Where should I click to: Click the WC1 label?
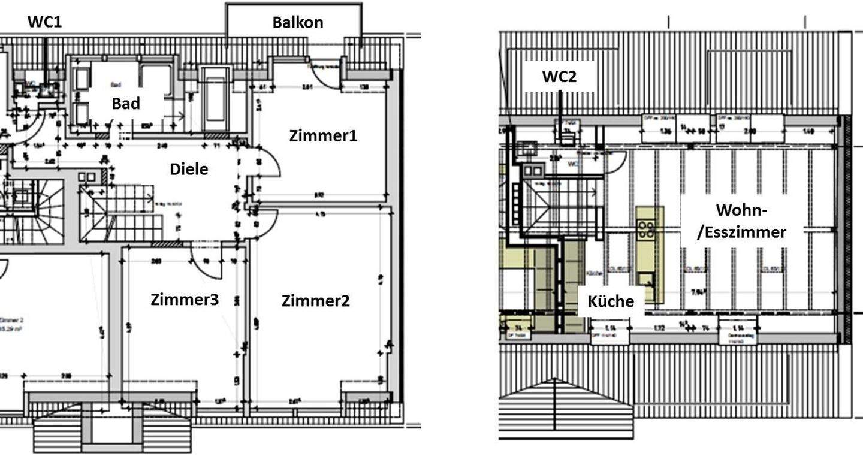click(44, 22)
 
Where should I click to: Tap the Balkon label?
click(297, 22)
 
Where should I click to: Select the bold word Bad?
click(126, 103)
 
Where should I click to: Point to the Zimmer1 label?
click(323, 135)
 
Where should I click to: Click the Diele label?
click(189, 169)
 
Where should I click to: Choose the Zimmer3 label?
click(184, 300)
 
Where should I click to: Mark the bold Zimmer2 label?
click(315, 301)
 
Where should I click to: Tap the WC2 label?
click(560, 76)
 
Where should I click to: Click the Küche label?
click(610, 301)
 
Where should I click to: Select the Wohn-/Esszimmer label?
click(741, 221)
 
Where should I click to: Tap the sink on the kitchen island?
click(645, 279)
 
